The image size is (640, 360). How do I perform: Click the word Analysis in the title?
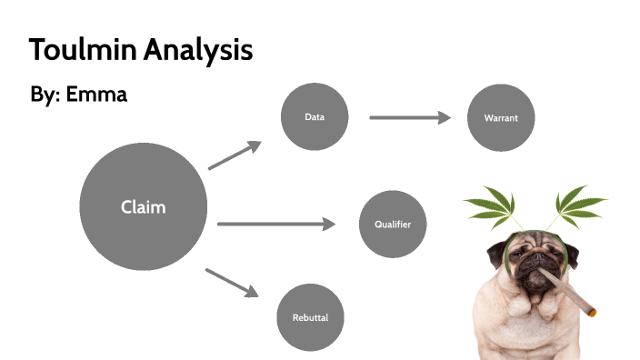[x=195, y=50]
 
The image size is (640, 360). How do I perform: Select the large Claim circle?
[x=144, y=206]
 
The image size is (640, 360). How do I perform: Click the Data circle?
[x=315, y=116]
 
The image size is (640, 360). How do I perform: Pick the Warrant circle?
[x=501, y=118]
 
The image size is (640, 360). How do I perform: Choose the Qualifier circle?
[x=394, y=224]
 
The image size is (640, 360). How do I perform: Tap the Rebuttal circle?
[x=310, y=318]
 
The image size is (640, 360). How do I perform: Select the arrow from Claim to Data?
[x=235, y=155]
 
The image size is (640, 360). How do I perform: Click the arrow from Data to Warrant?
[x=410, y=117]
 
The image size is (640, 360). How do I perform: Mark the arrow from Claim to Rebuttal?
[x=233, y=282]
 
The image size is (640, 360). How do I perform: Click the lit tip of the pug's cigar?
[x=593, y=313]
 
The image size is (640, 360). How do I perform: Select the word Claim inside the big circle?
[x=144, y=207]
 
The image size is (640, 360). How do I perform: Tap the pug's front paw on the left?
[x=496, y=349]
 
